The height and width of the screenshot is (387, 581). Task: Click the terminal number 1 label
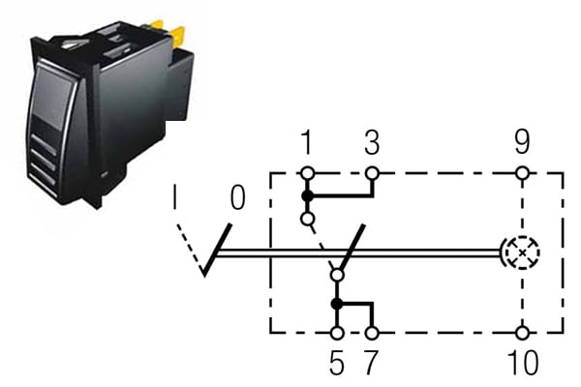(x=307, y=142)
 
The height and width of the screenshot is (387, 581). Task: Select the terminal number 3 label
(x=372, y=142)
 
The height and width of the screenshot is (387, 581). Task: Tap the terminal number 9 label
(x=522, y=142)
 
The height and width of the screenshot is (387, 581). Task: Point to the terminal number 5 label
(x=337, y=363)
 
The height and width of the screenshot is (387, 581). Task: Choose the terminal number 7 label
(x=371, y=363)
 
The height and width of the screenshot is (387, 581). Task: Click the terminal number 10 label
(x=523, y=363)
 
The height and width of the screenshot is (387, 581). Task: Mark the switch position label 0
(x=237, y=197)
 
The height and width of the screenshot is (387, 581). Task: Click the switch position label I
(x=174, y=197)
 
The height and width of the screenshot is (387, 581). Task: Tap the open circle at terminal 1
(x=308, y=173)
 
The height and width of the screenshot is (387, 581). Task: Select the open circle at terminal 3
(x=372, y=173)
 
